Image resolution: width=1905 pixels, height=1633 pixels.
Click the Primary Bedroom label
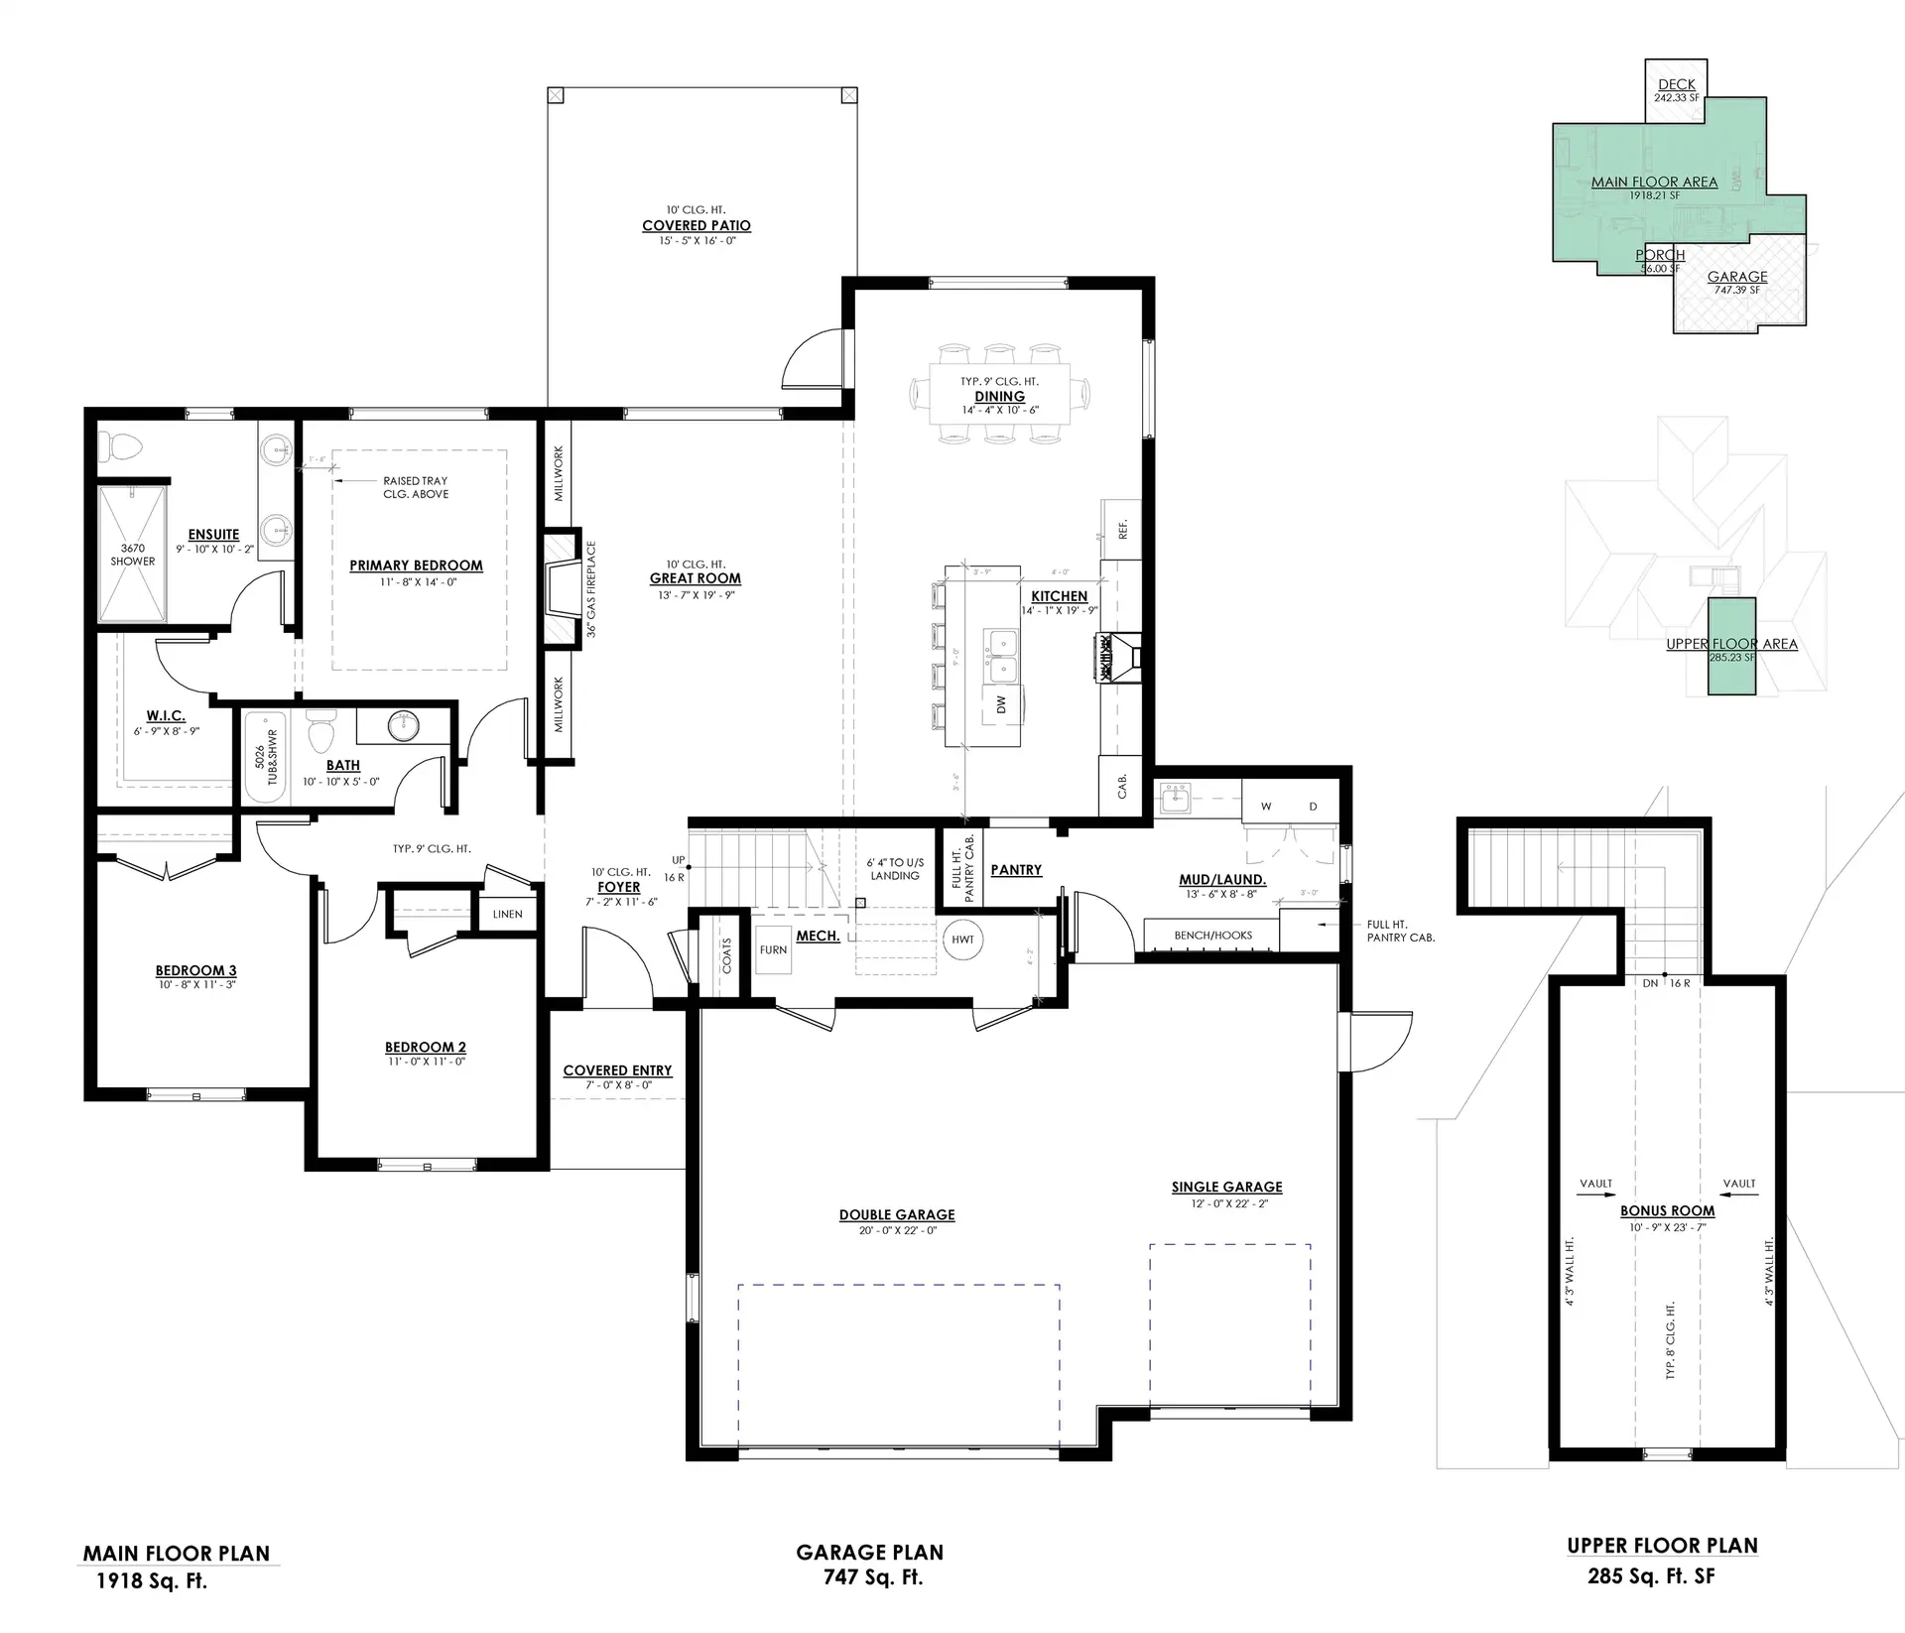(416, 565)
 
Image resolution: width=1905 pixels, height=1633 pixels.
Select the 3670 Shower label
(132, 555)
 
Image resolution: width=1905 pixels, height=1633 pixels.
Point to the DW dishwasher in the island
(1001, 703)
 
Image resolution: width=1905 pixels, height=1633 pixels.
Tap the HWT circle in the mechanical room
(962, 940)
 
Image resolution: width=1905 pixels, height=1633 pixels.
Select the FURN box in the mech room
(773, 949)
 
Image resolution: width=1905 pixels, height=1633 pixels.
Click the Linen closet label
(507, 914)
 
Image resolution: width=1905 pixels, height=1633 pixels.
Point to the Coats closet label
(727, 955)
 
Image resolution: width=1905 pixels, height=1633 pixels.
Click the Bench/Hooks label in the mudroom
(1212, 935)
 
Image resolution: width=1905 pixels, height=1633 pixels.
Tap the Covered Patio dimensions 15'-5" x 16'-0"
(696, 240)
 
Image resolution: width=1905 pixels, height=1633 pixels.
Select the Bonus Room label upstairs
(1667, 1210)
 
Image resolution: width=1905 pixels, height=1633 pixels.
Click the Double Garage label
(897, 1214)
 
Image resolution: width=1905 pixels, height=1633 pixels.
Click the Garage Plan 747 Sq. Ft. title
(870, 1565)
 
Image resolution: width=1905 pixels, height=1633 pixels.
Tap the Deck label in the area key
(1676, 84)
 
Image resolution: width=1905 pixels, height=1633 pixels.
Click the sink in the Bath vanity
(404, 724)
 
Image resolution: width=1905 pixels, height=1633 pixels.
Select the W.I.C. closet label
(166, 715)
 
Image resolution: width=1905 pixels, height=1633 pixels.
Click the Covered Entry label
(617, 1069)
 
